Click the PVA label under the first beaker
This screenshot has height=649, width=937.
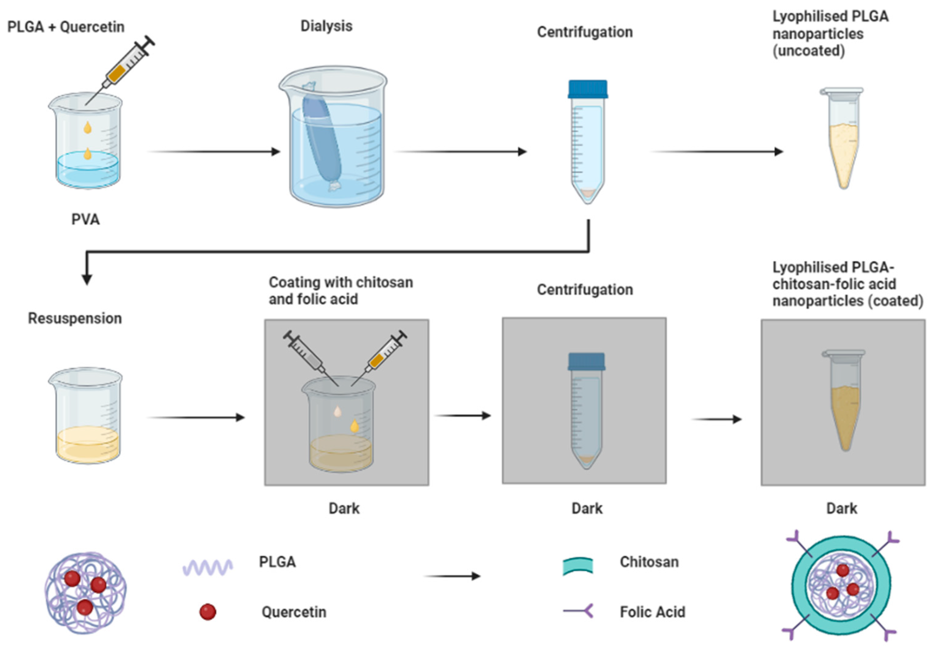(x=85, y=219)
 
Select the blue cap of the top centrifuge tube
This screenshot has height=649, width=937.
(x=588, y=89)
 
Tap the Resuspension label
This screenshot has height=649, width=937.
(x=75, y=318)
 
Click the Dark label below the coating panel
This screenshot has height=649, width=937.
(x=344, y=508)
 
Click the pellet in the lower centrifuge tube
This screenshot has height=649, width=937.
(x=586, y=460)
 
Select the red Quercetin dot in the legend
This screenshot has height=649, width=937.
(x=208, y=612)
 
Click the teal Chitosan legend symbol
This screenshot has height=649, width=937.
(x=578, y=566)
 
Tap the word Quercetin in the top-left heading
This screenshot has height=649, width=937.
(x=92, y=27)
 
